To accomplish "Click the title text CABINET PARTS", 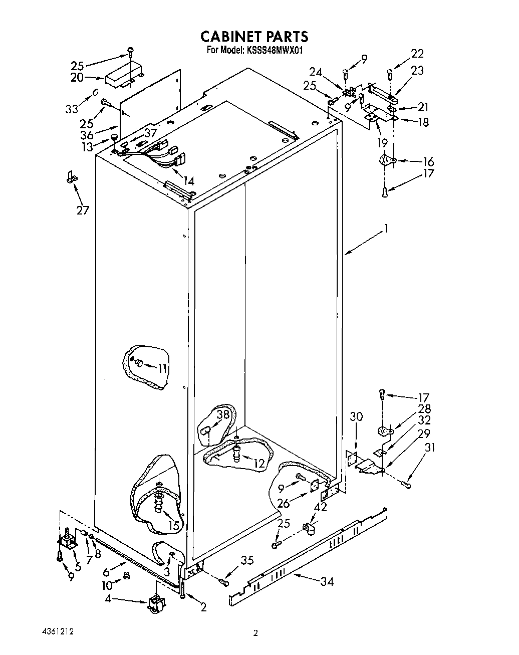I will pos(254,37).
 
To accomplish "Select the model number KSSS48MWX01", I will pos(274,50).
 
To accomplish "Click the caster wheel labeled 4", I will pos(155,603).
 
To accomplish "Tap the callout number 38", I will pos(223,414).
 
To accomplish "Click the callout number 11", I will pos(162,368).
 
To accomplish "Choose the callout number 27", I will pos(83,210).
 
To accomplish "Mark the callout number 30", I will pos(356,416).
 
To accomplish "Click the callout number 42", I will pos(321,507).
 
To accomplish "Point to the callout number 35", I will pos(247,561).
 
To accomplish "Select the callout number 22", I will pos(417,54).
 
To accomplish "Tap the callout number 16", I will pos(428,161).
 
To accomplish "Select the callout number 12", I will pos(258,464).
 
